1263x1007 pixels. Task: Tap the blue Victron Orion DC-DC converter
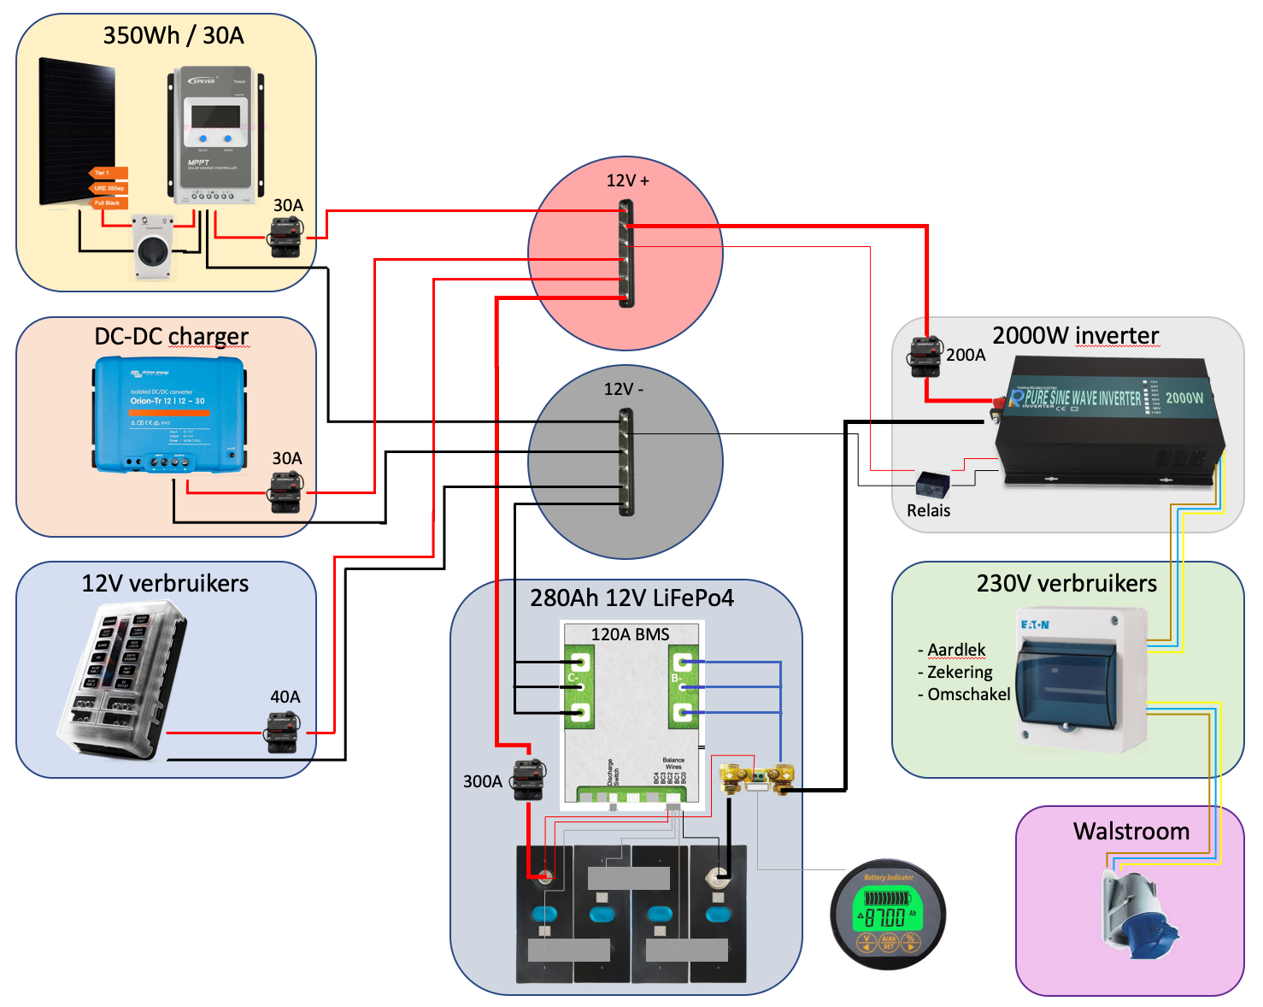point(169,414)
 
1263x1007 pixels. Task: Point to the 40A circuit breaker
point(284,733)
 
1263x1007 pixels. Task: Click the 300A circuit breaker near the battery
point(528,779)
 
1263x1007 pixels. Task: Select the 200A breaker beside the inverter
point(925,356)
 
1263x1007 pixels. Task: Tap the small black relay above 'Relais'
point(931,485)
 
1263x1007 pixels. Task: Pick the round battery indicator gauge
point(888,914)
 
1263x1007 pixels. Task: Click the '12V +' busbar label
point(627,180)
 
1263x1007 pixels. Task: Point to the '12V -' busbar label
point(624,389)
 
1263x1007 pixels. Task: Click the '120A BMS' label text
point(630,634)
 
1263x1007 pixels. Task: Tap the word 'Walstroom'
point(1131,831)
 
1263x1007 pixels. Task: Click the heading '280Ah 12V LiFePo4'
point(631,598)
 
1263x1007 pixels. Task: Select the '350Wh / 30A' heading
point(173,35)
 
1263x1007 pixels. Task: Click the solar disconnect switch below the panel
point(154,247)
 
